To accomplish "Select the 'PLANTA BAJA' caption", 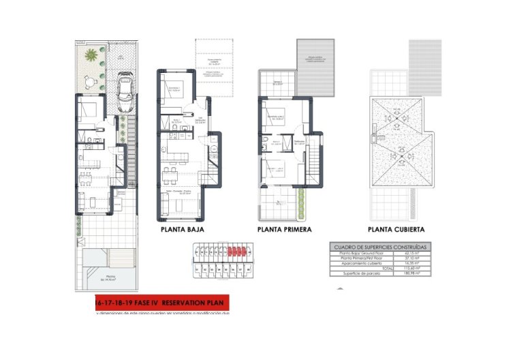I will coord(183,230).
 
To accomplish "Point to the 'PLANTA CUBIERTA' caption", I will coord(396,230).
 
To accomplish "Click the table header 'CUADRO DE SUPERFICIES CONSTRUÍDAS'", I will coord(378,246).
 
